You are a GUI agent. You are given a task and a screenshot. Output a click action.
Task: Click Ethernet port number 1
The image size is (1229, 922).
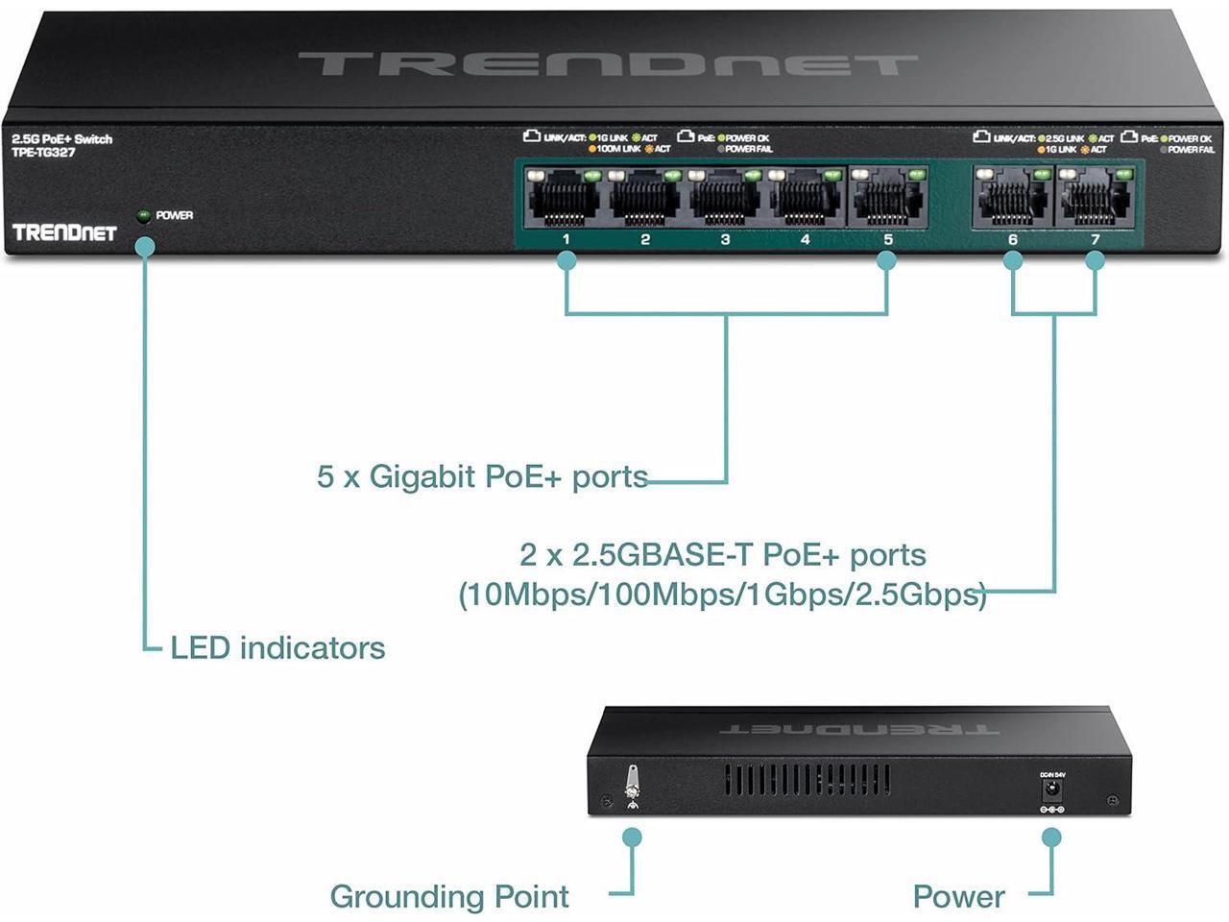pos(566,199)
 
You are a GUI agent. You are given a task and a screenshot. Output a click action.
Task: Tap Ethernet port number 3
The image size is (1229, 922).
pos(725,199)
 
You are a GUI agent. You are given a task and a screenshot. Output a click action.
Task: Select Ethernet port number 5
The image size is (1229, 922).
pos(887,199)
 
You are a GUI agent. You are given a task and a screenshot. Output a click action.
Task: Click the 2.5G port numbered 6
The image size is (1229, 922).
pos(1012,199)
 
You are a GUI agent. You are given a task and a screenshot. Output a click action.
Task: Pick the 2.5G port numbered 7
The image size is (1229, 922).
pos(1095,199)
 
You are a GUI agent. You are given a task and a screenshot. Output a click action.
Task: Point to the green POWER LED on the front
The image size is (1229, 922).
pos(144,215)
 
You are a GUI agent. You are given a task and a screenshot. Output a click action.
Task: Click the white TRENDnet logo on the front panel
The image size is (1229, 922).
pos(64,232)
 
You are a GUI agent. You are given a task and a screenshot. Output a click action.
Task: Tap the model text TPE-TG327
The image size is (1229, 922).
pos(43,153)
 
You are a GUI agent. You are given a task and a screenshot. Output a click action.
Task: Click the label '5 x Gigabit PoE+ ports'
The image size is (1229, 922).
pos(482,476)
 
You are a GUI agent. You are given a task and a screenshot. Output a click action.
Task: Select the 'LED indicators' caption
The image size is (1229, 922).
pos(277,648)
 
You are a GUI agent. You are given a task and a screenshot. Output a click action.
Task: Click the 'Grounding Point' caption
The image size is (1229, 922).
pos(449,897)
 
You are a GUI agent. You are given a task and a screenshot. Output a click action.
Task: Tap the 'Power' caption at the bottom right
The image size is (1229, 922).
pos(958,897)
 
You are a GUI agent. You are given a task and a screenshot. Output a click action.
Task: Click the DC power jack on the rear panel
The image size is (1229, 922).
pos(1052,790)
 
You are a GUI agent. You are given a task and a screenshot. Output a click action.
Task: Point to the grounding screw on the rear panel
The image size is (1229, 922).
pos(632,782)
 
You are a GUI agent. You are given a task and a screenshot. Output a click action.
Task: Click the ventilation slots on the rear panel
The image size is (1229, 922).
pos(807,779)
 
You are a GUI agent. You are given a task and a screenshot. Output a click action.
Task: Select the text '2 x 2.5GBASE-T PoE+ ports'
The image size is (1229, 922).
pos(723,555)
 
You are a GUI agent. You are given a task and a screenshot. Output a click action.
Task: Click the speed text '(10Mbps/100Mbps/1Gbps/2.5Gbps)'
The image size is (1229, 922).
pos(722,594)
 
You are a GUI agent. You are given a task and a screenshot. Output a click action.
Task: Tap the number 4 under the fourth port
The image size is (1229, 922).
pos(805,239)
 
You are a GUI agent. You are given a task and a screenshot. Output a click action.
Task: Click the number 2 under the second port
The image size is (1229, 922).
pos(645,239)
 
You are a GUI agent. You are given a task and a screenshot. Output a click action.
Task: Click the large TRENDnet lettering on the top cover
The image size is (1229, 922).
pos(607,65)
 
